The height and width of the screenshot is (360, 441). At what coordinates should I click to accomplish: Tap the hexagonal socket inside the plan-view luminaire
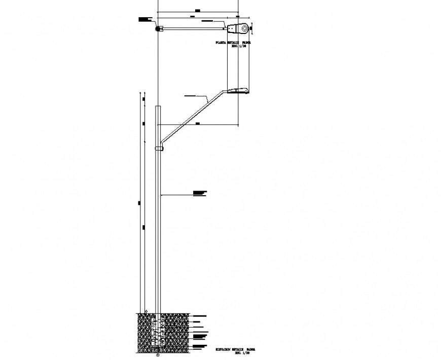(x=244, y=27)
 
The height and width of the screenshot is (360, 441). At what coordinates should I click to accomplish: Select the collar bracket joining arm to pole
(x=159, y=148)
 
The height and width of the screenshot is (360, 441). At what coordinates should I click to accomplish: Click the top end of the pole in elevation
(x=158, y=106)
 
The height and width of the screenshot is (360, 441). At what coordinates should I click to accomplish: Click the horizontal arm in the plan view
(x=193, y=27)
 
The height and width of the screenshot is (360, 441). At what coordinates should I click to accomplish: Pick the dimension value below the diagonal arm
(x=197, y=123)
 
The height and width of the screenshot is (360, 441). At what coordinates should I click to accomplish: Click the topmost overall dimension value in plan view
(x=198, y=10)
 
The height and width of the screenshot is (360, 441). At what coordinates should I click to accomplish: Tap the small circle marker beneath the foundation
(x=158, y=355)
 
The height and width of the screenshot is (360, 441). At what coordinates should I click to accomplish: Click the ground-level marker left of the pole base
(x=145, y=311)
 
